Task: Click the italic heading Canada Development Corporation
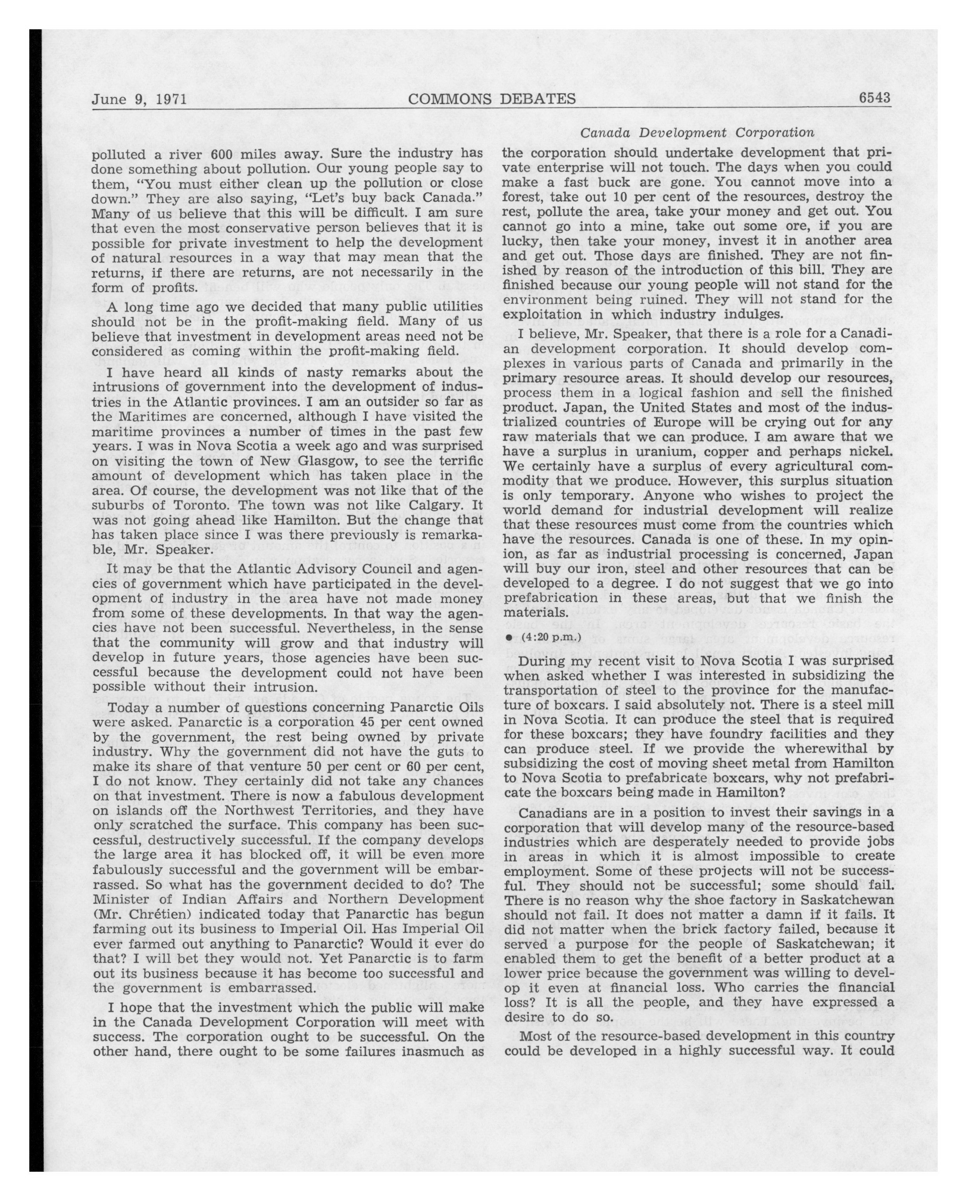point(697,133)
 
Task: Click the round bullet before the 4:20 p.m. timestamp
point(508,637)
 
